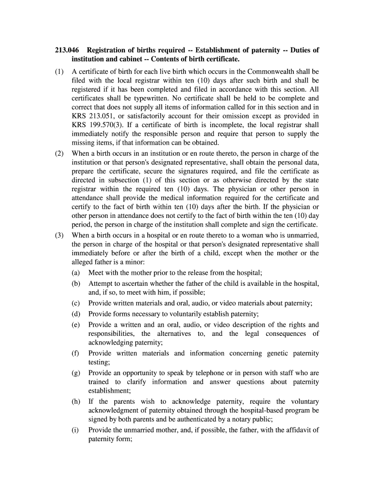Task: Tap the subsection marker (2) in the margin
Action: [59, 154]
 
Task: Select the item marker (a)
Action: [76, 273]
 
